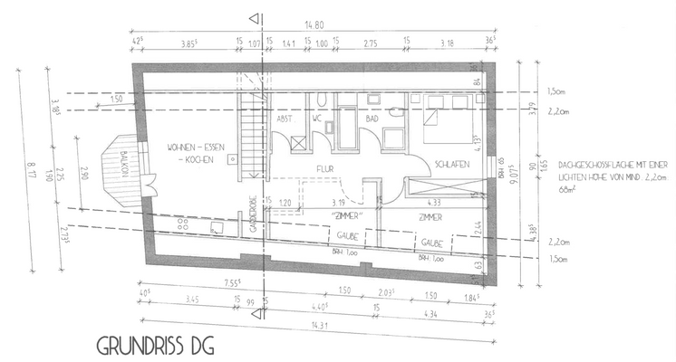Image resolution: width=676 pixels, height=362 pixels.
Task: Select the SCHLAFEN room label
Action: pos(450,166)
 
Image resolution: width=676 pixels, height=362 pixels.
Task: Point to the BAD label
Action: pos(371,119)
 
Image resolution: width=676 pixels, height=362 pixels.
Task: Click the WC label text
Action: pos(317,119)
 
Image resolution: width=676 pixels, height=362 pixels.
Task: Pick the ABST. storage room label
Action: pos(283,119)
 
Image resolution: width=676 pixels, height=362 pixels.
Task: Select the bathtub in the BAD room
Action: pos(349,128)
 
